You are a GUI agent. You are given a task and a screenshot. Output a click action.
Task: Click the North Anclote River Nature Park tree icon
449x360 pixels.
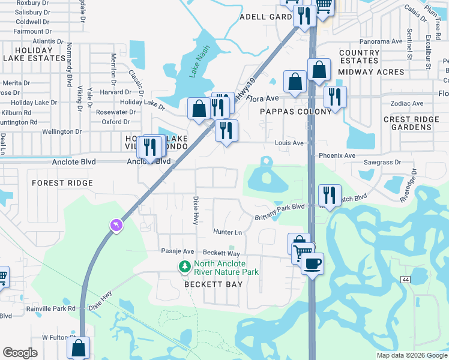tap(185, 266)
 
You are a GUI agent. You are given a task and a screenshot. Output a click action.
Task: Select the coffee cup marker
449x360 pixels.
tap(312, 263)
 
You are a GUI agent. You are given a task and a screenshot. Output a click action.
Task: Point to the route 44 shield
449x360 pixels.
tap(406, 280)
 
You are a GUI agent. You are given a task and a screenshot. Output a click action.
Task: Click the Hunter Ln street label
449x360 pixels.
tap(228, 232)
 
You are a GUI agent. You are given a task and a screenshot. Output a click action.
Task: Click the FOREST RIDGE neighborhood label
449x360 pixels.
tap(62, 183)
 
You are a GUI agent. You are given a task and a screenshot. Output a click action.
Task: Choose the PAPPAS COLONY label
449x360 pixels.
tap(295, 112)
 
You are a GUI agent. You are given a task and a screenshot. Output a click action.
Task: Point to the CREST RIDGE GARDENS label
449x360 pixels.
tap(412, 124)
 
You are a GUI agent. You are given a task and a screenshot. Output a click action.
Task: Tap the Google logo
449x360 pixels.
tap(20, 353)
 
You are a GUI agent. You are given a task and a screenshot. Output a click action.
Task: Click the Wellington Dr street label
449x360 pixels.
tap(61, 131)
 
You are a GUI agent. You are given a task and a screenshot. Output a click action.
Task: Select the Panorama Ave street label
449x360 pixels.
tap(381, 42)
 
